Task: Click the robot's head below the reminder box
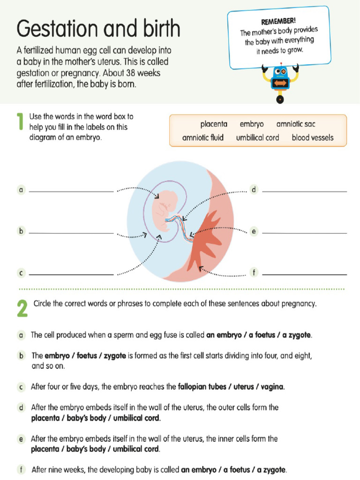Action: point(280,71)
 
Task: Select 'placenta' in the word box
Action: point(214,124)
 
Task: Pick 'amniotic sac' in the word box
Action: point(296,124)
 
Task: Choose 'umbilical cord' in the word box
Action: point(257,138)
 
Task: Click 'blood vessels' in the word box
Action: point(313,138)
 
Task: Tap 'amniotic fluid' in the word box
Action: point(203,138)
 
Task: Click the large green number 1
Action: point(20,122)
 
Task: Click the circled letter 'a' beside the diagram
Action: point(21,190)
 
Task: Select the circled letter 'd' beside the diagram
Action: point(254,190)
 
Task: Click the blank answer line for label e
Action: point(304,232)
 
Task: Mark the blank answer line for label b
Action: point(71,232)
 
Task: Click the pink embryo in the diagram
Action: point(166,206)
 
